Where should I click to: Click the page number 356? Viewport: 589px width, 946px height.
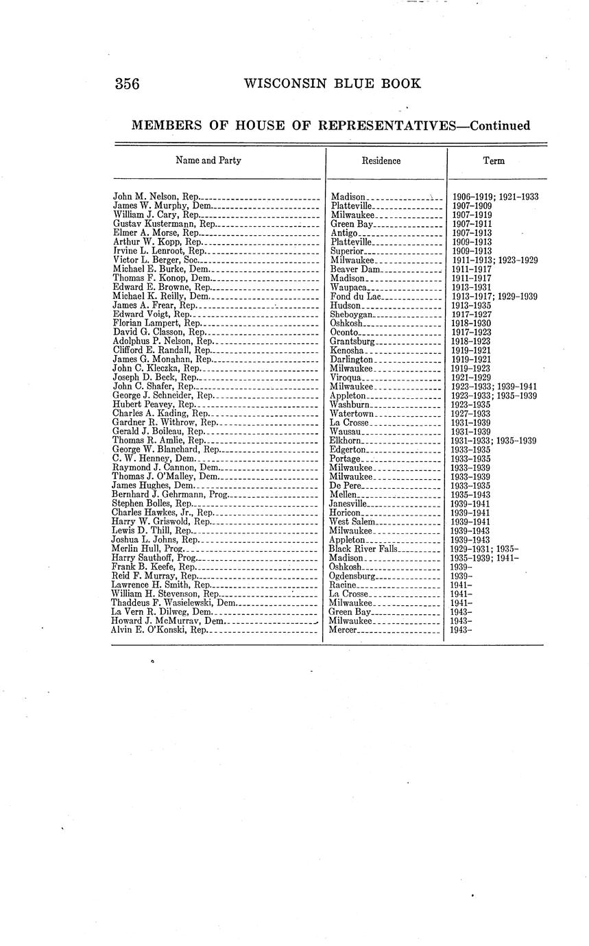pos(127,84)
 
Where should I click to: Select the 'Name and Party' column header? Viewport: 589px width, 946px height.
pos(208,160)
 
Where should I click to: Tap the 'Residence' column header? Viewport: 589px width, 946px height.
pos(381,161)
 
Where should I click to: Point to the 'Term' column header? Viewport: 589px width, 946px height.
pos(494,161)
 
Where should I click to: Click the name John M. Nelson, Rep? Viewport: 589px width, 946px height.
pos(156,197)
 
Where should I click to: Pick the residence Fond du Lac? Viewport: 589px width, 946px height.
pos(354,296)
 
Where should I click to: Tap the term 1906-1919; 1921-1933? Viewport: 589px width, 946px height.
pos(494,197)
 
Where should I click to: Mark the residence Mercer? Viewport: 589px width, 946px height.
pos(344,629)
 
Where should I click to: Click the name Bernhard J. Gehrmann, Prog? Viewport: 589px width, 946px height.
pos(169,494)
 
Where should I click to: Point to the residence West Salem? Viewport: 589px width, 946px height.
pos(352,522)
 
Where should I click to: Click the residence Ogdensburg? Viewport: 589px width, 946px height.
pos(353,576)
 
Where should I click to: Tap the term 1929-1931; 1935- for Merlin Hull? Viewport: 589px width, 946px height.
pos(484,549)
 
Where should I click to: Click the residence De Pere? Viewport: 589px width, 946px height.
pos(346,485)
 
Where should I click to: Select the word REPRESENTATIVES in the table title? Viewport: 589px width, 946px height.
pos(368,126)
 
